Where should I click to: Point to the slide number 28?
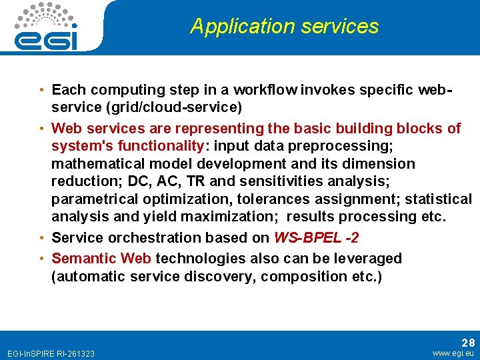(468, 342)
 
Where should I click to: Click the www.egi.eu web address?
(453, 353)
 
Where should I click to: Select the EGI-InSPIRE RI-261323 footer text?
(50, 353)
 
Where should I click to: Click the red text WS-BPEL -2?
(313, 238)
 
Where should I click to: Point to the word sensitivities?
(293, 181)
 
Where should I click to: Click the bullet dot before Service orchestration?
(42, 238)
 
